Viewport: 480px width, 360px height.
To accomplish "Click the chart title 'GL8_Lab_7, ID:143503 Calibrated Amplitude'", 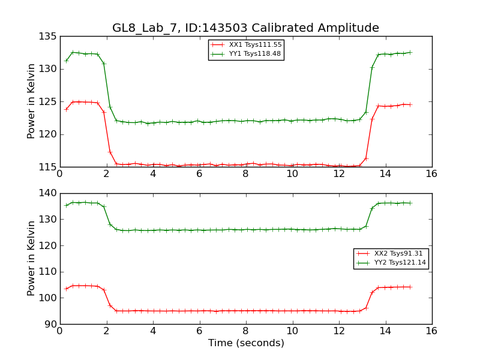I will coord(245,28).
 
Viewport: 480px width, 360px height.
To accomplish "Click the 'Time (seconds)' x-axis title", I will coord(246,343).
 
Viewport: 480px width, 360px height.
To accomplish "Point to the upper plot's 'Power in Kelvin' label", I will coord(32,101).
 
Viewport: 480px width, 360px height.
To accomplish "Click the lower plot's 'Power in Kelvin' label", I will coord(32,259).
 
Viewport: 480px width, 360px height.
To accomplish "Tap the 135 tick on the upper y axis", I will coord(50,37).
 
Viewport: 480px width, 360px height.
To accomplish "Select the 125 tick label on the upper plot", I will coord(50,102).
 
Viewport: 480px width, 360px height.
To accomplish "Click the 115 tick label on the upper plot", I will coord(50,167).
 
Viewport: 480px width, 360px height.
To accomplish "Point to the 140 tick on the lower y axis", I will coord(50,193).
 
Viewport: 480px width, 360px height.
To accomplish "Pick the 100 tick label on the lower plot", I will coord(50,298).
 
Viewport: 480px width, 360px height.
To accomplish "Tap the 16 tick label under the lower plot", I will coord(431,331).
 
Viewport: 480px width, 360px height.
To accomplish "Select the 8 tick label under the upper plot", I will coord(245,174).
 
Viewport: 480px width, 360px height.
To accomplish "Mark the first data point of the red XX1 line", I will coord(66,109).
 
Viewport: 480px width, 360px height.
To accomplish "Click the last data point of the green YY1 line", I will coord(410,52).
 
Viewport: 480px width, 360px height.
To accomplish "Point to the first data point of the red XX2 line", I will coord(66,289).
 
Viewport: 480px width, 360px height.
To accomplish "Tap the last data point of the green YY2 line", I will coord(410,203).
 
